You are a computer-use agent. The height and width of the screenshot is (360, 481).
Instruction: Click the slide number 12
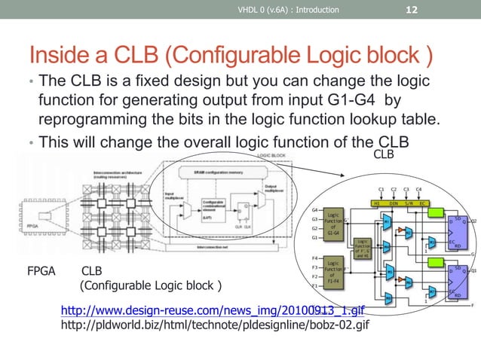pos(412,10)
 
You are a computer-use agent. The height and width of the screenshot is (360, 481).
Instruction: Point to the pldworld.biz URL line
pos(214,325)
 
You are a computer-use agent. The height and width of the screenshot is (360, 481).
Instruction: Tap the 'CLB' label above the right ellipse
pos(384,154)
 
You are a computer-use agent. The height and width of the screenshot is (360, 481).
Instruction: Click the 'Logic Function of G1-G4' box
pos(332,224)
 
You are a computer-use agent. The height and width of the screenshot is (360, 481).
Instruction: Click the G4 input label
pos(314,210)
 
